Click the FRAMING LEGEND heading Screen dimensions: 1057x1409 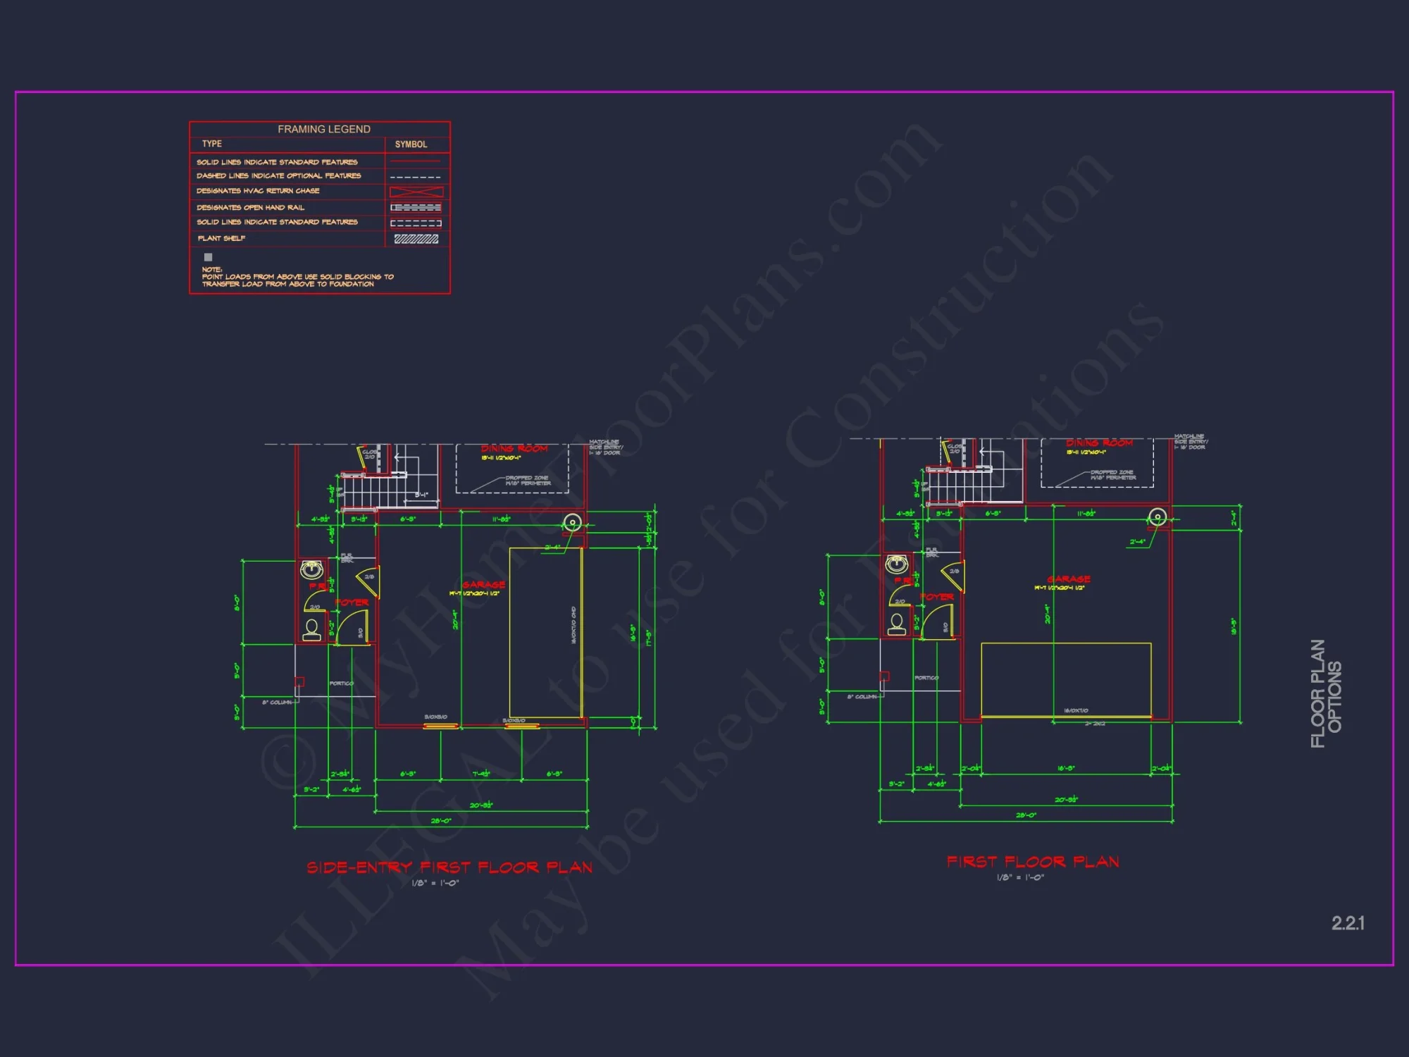[323, 129]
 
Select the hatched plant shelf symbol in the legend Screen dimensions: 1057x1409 [416, 239]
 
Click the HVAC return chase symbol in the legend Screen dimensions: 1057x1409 [416, 192]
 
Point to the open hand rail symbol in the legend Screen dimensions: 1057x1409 [416, 208]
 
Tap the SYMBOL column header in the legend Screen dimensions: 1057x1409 [411, 144]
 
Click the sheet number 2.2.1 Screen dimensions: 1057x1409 [1348, 923]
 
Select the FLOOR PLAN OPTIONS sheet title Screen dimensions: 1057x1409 [1326, 693]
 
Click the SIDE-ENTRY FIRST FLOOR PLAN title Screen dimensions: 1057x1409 [449, 867]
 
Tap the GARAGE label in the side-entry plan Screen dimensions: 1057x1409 [483, 585]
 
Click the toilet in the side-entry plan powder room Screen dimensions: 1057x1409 [311, 628]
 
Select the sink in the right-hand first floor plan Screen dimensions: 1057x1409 [896, 564]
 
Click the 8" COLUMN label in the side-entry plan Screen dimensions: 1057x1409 [277, 703]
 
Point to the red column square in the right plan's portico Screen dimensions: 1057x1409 [884, 676]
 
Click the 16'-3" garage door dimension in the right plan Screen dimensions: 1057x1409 [1066, 768]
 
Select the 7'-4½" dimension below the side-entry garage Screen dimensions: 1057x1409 [481, 774]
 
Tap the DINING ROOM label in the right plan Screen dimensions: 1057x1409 [1099, 443]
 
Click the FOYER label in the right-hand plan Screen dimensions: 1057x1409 [937, 597]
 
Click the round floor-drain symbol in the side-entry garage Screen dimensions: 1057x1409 [572, 523]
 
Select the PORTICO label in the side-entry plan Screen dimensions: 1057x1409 [341, 684]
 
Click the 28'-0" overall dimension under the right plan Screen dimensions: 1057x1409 [1026, 815]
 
